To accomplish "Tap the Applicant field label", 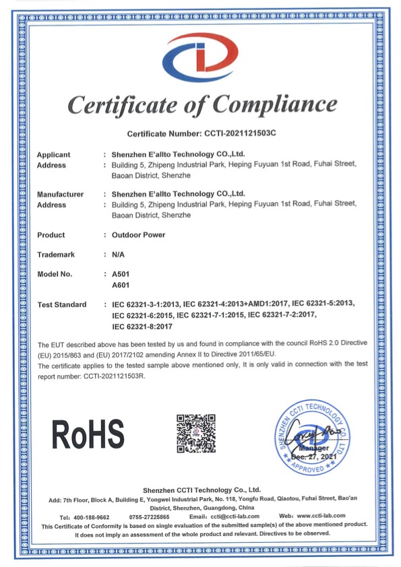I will coord(53,154).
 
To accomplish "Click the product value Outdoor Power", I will coord(139,235).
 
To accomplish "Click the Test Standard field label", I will coord(62,305).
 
